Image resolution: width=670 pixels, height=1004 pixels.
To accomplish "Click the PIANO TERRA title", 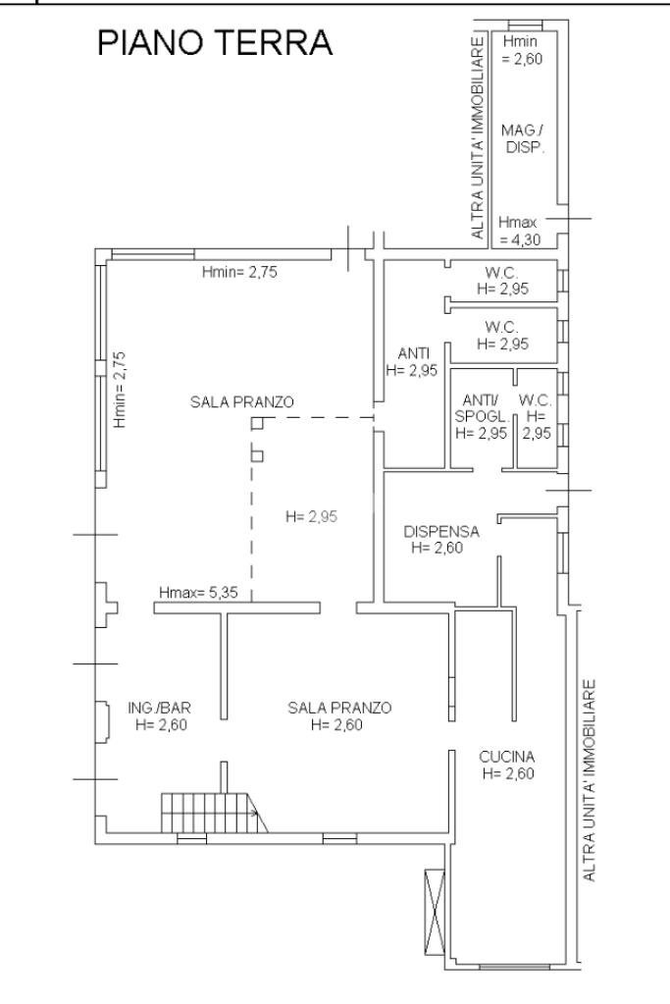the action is (215, 43).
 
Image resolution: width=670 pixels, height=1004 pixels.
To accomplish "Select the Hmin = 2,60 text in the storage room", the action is (520, 50).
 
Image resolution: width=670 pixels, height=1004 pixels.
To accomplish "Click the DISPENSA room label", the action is (440, 531).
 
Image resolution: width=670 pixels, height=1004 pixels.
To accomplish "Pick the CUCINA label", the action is (507, 757).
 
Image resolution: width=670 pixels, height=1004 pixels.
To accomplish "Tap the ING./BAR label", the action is (159, 708).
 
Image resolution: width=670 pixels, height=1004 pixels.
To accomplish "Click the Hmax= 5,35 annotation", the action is (198, 592).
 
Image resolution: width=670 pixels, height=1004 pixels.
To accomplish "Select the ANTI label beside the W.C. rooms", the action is (413, 352).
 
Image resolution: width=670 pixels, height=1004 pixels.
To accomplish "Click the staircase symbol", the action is (214, 813).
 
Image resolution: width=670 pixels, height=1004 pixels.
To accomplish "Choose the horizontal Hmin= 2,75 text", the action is (239, 272).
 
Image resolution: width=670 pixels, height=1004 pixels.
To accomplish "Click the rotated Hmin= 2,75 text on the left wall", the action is (119, 389).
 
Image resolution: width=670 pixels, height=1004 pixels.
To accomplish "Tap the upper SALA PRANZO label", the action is (242, 401).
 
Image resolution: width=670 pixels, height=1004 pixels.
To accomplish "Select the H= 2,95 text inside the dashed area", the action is (311, 516).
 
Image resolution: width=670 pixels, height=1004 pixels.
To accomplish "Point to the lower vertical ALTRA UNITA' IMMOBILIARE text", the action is (590, 780).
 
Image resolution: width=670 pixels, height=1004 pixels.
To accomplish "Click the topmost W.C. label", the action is (501, 272).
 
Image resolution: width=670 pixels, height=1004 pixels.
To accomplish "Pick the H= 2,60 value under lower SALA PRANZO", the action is (336, 724).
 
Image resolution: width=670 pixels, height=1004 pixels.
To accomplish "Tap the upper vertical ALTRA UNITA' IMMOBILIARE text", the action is (478, 137).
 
